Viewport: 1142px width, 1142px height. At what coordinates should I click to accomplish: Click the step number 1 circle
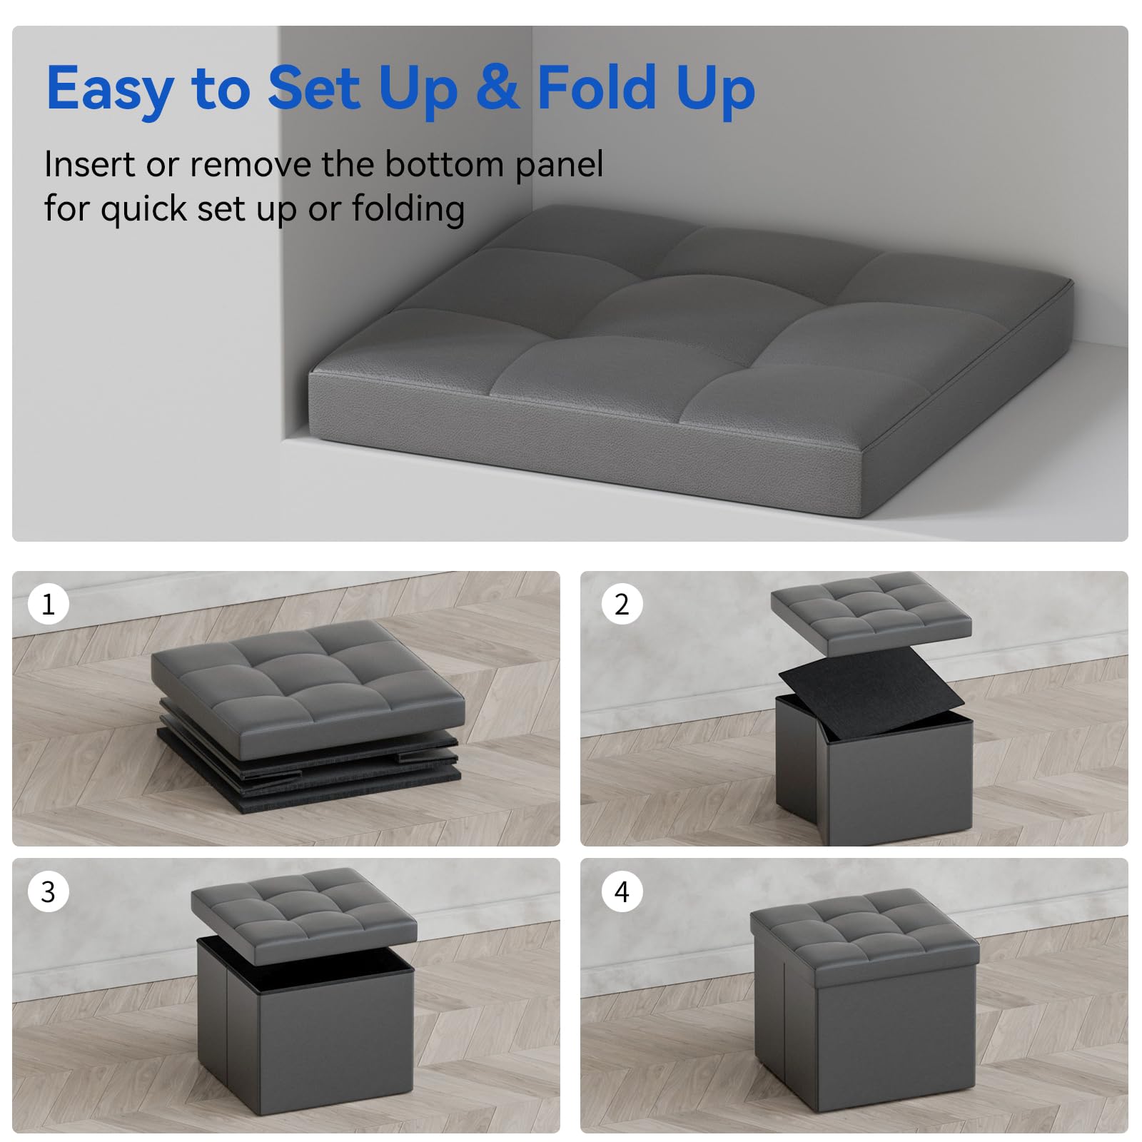(x=48, y=604)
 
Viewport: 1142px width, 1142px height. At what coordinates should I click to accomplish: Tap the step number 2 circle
(x=622, y=604)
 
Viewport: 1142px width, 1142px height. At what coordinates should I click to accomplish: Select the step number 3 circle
(x=48, y=891)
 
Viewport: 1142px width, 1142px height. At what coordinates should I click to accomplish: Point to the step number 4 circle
(x=622, y=891)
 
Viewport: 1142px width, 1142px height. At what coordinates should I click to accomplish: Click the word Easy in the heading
(x=110, y=89)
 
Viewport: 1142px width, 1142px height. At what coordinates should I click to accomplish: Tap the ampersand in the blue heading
(x=498, y=86)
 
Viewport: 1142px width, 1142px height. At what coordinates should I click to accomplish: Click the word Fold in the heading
(x=596, y=86)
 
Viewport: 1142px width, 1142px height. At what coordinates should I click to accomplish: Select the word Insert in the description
(x=90, y=164)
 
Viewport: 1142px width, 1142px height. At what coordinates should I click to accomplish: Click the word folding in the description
(x=408, y=210)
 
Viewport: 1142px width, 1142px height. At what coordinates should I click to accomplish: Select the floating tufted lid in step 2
(x=871, y=612)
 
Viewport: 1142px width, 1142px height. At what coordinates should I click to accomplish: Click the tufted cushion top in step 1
(x=308, y=688)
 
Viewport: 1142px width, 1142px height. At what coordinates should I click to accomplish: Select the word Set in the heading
(x=314, y=88)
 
